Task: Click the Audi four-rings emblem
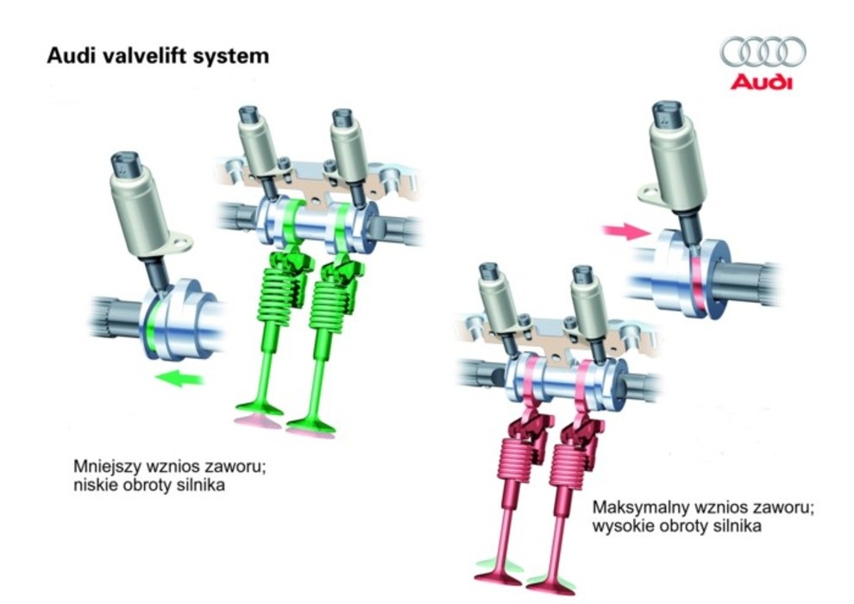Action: tap(763, 53)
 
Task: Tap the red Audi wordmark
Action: tap(761, 83)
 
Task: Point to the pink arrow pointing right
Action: tap(626, 231)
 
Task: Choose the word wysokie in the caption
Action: tap(617, 525)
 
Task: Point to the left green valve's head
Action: tap(258, 408)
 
